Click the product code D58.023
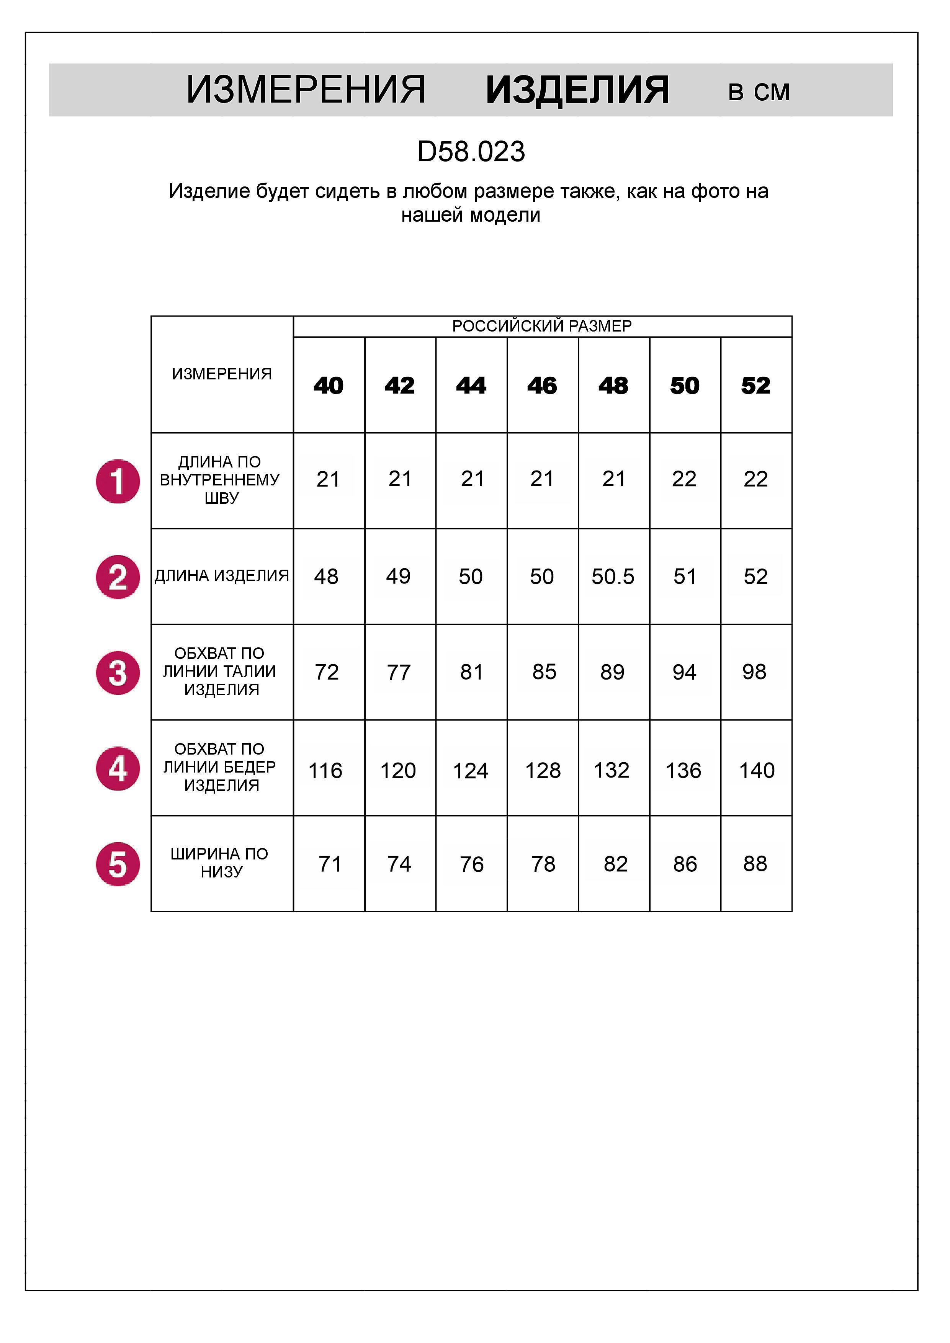(x=471, y=152)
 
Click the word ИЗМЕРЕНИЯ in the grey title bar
(x=305, y=91)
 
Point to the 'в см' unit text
(x=759, y=92)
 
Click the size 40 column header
(x=328, y=386)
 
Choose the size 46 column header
(x=542, y=386)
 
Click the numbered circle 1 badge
(x=118, y=481)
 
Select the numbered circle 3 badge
(x=118, y=673)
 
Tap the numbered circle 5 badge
(x=118, y=864)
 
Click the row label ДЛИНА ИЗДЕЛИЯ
(x=222, y=576)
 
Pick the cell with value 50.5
(x=613, y=577)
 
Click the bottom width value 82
(x=615, y=864)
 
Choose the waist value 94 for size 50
(x=684, y=673)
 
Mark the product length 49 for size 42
(x=398, y=577)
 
